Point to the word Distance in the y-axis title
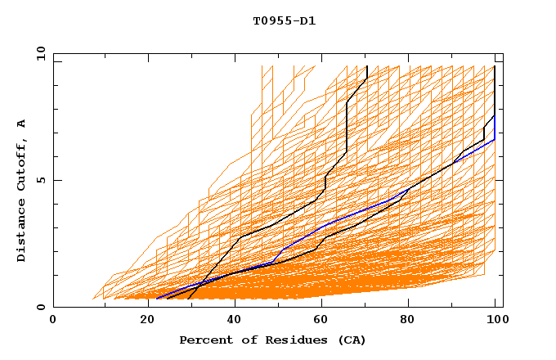point(21,233)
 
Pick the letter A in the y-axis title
point(21,124)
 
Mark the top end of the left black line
point(367,66)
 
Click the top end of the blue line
point(494,115)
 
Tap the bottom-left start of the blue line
point(155,299)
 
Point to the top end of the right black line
point(494,66)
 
